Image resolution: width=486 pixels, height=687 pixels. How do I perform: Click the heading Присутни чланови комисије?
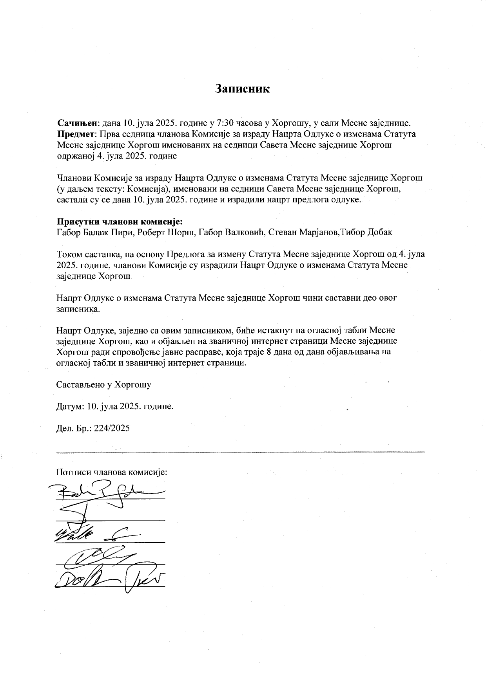(120, 221)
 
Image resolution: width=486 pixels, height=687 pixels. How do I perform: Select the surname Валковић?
(244, 232)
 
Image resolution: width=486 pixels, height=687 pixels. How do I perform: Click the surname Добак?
(379, 232)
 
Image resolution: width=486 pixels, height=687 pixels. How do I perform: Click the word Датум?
(69, 406)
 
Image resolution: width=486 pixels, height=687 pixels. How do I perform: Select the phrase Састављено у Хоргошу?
(104, 384)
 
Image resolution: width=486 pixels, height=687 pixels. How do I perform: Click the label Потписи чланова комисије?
(112, 472)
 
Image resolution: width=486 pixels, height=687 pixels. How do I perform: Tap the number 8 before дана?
(269, 351)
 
